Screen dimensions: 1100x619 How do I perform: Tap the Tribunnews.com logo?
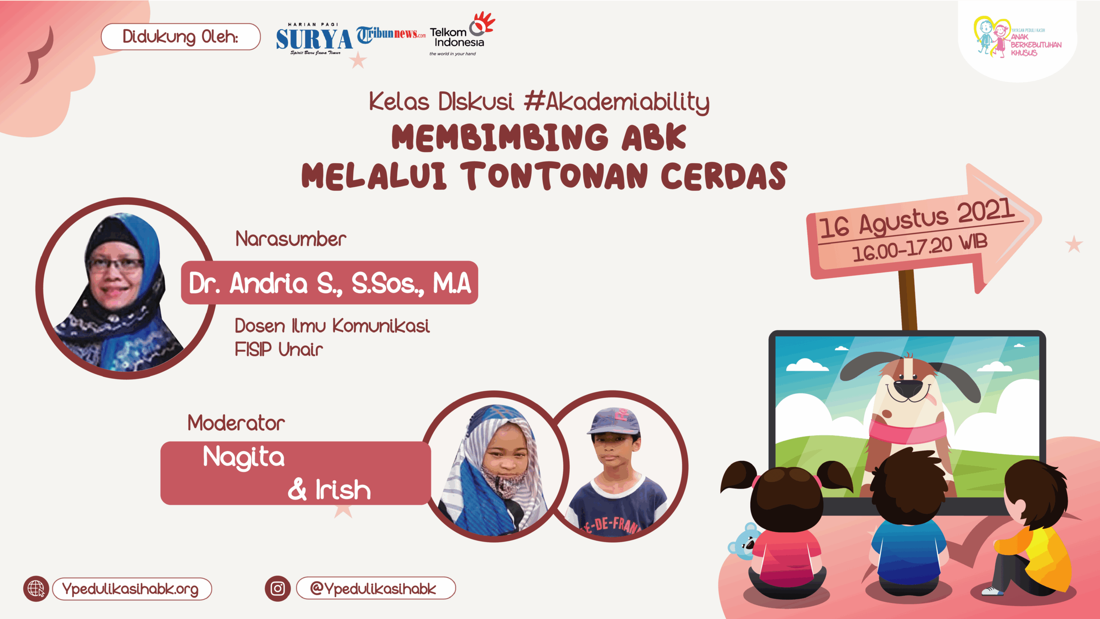(x=391, y=35)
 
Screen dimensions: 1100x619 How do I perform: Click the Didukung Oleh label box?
(x=181, y=37)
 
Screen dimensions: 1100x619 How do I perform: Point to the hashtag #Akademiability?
(x=617, y=102)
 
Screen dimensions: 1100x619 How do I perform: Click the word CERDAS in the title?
(x=724, y=176)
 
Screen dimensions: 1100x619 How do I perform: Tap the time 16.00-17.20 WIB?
(x=920, y=248)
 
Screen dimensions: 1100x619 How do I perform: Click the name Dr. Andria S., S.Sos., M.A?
(x=330, y=283)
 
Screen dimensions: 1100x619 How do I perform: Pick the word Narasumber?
(x=291, y=239)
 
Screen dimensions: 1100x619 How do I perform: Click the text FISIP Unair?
(x=279, y=349)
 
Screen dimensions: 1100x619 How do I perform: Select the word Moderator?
(x=236, y=423)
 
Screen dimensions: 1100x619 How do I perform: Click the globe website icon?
(x=36, y=589)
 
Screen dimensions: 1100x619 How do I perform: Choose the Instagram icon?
(x=278, y=589)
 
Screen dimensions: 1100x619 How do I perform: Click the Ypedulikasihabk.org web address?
(x=130, y=589)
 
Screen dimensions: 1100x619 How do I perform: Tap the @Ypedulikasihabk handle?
(x=373, y=589)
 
